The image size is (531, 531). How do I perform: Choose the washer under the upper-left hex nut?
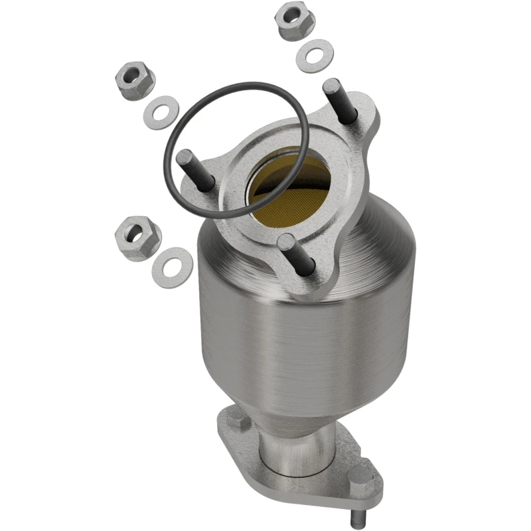(160, 112)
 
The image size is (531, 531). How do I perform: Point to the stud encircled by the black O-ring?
(195, 169)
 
